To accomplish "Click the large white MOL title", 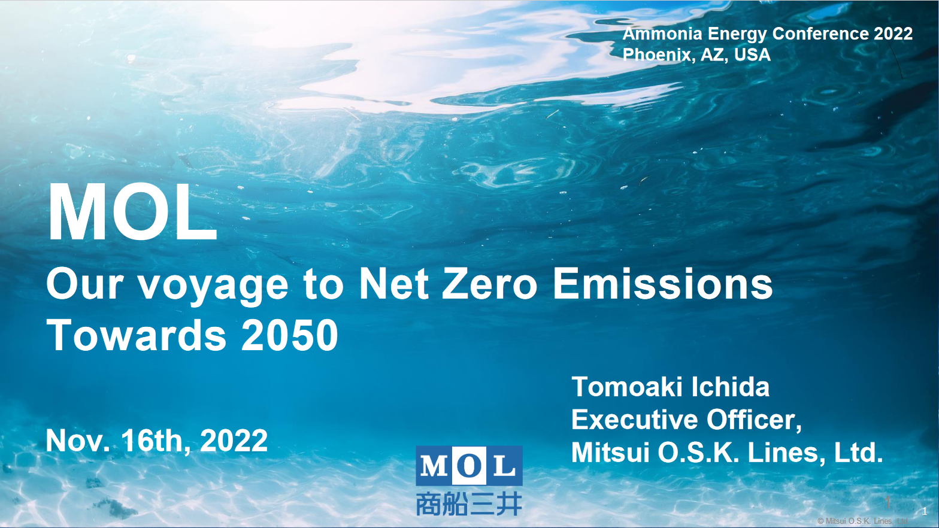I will coord(132,213).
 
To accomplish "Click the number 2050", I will coord(290,335).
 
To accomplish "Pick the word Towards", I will coord(137,335).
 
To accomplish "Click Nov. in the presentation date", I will coord(78,441).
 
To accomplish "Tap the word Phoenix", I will coord(656,54).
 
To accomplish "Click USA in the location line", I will coord(752,54).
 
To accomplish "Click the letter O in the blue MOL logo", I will coord(469,466).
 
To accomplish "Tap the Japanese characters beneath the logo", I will coord(469,504).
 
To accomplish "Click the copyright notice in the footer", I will coord(862,521).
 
